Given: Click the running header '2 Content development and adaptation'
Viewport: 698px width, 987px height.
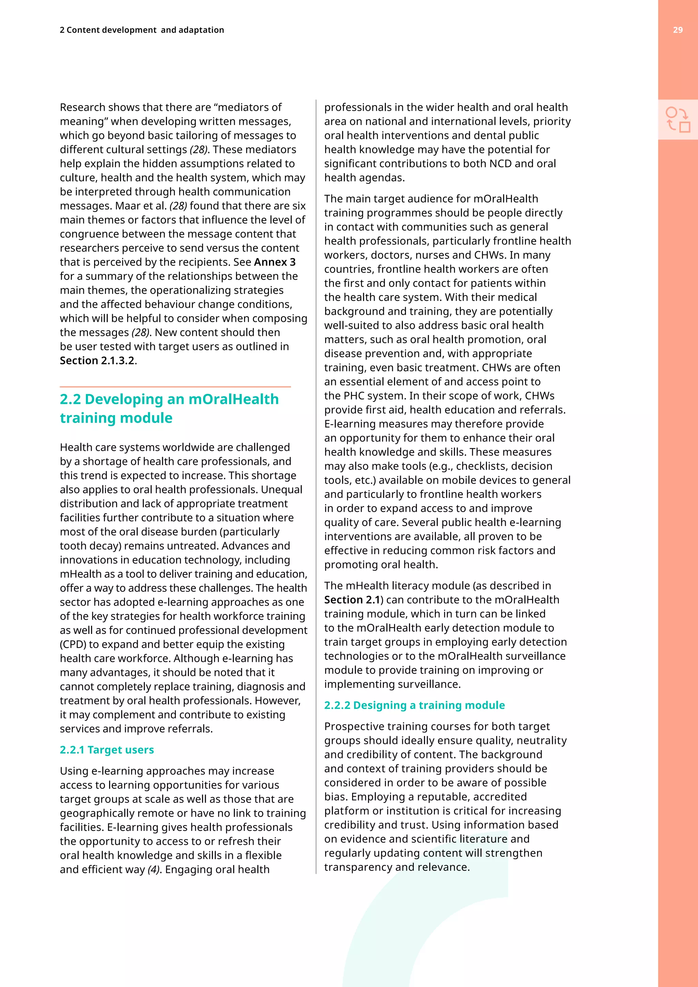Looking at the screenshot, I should click(x=142, y=30).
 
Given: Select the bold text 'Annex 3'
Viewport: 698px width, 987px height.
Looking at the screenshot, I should click(x=275, y=262).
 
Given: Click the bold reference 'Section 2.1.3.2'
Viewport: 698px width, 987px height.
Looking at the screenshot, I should click(x=97, y=361).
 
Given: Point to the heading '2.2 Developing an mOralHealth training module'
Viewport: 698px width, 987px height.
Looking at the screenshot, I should click(x=169, y=408).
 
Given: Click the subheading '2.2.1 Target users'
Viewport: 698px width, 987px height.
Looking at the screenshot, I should click(x=107, y=750).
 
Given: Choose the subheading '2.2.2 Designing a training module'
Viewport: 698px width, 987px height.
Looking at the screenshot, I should click(x=414, y=705).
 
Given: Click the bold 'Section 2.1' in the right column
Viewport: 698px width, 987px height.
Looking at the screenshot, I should click(x=352, y=600).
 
